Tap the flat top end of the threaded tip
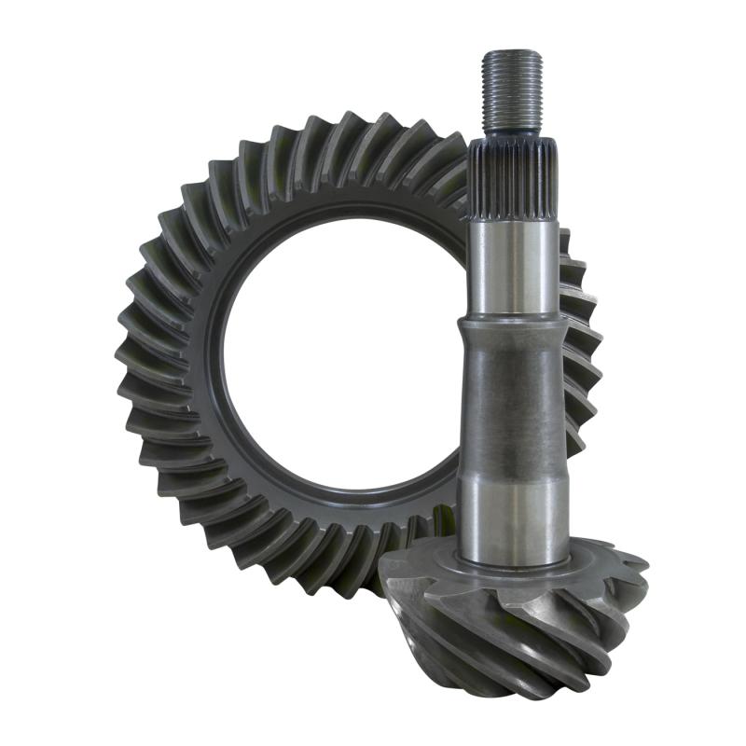[x=512, y=53]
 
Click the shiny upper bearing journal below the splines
[x=514, y=266]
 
